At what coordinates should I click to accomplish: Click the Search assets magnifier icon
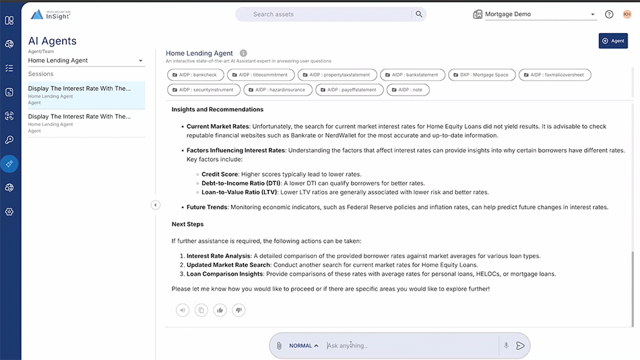click(419, 14)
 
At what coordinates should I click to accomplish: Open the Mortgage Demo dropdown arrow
click(593, 14)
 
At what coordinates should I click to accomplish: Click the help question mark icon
click(609, 14)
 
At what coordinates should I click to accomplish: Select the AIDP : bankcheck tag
click(195, 75)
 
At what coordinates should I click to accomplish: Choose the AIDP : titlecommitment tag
click(261, 75)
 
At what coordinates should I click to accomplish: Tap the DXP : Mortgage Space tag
click(482, 75)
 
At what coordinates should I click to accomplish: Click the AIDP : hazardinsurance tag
click(278, 90)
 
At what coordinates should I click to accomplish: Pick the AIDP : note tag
click(408, 90)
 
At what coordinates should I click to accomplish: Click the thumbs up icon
click(220, 310)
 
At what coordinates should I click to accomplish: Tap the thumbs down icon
click(238, 310)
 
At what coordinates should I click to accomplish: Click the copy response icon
click(201, 310)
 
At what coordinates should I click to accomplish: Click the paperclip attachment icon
click(279, 346)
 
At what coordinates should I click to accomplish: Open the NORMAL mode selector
click(304, 346)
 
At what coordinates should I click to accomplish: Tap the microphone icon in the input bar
click(506, 346)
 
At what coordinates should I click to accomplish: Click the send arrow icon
click(520, 346)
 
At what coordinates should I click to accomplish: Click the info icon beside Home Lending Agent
click(243, 53)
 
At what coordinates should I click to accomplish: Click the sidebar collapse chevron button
click(156, 205)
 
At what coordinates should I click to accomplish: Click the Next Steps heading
click(187, 224)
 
